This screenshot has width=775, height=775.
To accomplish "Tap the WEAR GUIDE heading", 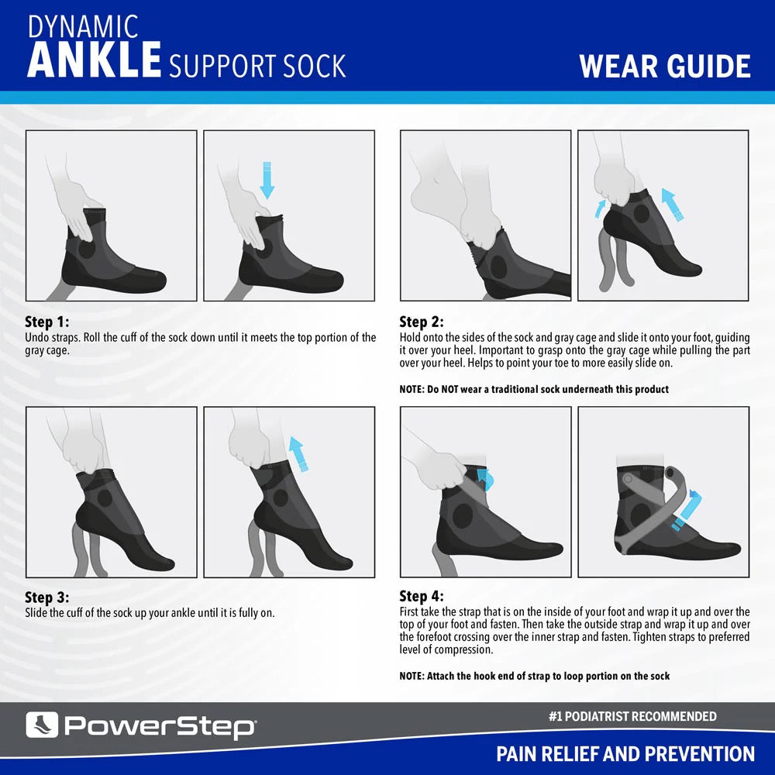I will [665, 67].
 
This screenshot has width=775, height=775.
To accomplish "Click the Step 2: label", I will [422, 322].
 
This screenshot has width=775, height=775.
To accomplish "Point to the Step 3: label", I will [47, 598].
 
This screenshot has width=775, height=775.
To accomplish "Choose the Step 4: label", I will [422, 597].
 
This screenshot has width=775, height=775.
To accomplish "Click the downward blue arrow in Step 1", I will [267, 181].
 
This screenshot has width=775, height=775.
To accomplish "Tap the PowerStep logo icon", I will [41, 725].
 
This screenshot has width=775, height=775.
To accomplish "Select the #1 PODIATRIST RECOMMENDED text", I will [632, 716].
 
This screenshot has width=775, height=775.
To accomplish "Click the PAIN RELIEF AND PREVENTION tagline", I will [625, 753].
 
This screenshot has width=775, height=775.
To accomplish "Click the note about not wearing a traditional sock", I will [534, 389].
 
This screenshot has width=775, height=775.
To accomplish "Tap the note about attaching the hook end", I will [535, 676].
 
